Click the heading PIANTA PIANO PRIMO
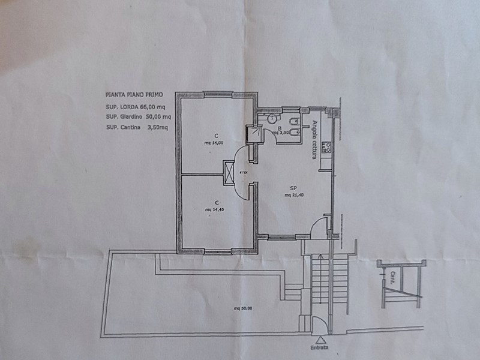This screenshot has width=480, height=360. pyautogui.click(x=133, y=95)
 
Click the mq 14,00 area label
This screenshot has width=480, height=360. pyautogui.click(x=214, y=143)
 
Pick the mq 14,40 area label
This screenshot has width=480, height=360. pyautogui.click(x=214, y=209)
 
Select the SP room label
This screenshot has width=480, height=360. pyautogui.click(x=293, y=188)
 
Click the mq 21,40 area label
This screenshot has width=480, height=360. pyautogui.click(x=293, y=195)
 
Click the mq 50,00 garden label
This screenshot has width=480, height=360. pyautogui.click(x=244, y=308)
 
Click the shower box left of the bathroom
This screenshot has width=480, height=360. pyautogui.click(x=254, y=133)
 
